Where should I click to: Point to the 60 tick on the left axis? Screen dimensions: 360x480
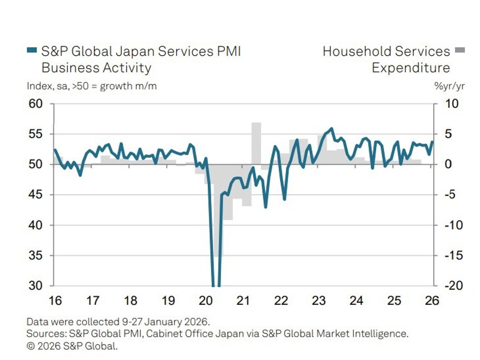tap(36, 104)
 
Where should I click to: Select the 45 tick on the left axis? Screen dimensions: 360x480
tap(36, 195)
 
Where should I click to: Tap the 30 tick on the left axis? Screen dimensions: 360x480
tap(36, 286)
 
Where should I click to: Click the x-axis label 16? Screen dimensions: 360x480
tap(54, 301)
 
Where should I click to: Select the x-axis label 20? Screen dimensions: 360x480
tap(206, 301)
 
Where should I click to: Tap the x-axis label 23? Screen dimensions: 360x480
tap(319, 301)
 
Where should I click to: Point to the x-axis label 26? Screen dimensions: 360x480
tap(432, 301)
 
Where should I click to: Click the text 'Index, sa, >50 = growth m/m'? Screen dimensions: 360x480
tap(92, 86)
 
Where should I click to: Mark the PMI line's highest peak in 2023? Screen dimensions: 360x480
tap(331, 129)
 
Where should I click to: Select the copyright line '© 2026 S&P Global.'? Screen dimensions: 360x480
tap(72, 346)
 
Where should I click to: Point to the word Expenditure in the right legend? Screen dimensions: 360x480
tap(411, 67)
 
